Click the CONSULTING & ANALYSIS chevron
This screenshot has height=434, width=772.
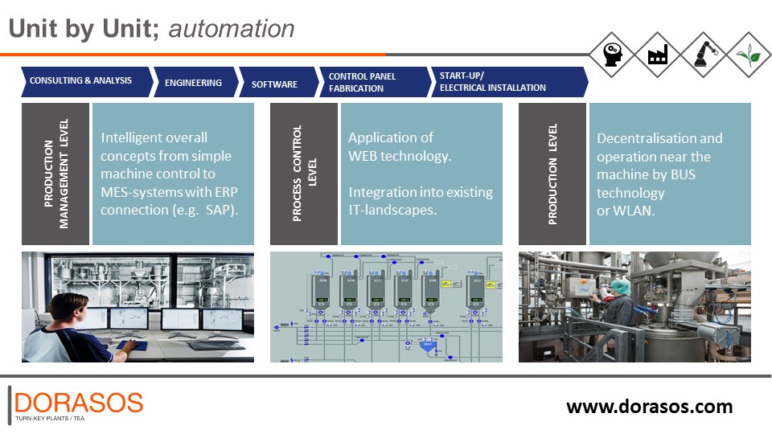[80, 81]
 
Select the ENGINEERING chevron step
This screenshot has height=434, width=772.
[193, 83]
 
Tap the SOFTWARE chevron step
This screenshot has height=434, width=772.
[274, 84]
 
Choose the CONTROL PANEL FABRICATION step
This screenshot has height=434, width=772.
[367, 82]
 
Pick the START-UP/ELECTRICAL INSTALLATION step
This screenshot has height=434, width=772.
[499, 82]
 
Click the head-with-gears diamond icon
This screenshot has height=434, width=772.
[611, 55]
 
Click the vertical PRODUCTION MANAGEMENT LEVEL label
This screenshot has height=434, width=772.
[56, 174]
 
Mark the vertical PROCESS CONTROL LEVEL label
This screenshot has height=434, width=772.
[305, 174]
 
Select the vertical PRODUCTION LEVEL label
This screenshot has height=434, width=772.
[552, 174]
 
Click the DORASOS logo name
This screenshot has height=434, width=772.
[79, 403]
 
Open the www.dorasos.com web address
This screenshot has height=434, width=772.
[649, 407]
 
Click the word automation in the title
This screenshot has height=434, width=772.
[232, 30]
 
